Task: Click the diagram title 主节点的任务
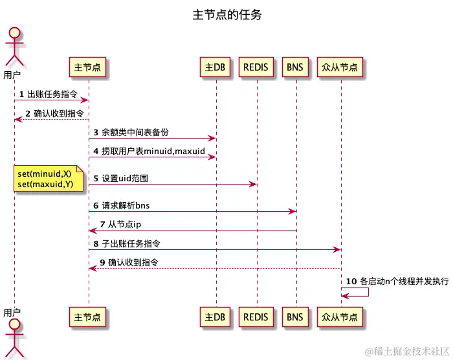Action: (227, 14)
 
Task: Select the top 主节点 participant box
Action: (88, 67)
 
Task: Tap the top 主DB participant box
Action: (215, 67)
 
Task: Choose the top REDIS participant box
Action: (256, 67)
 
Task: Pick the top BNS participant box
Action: (296, 67)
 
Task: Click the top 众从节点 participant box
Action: (341, 67)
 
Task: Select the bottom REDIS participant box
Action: (256, 317)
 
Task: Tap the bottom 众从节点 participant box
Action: (341, 317)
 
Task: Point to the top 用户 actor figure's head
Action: (14, 34)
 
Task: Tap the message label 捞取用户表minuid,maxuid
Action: (153, 151)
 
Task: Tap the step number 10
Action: (352, 282)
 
